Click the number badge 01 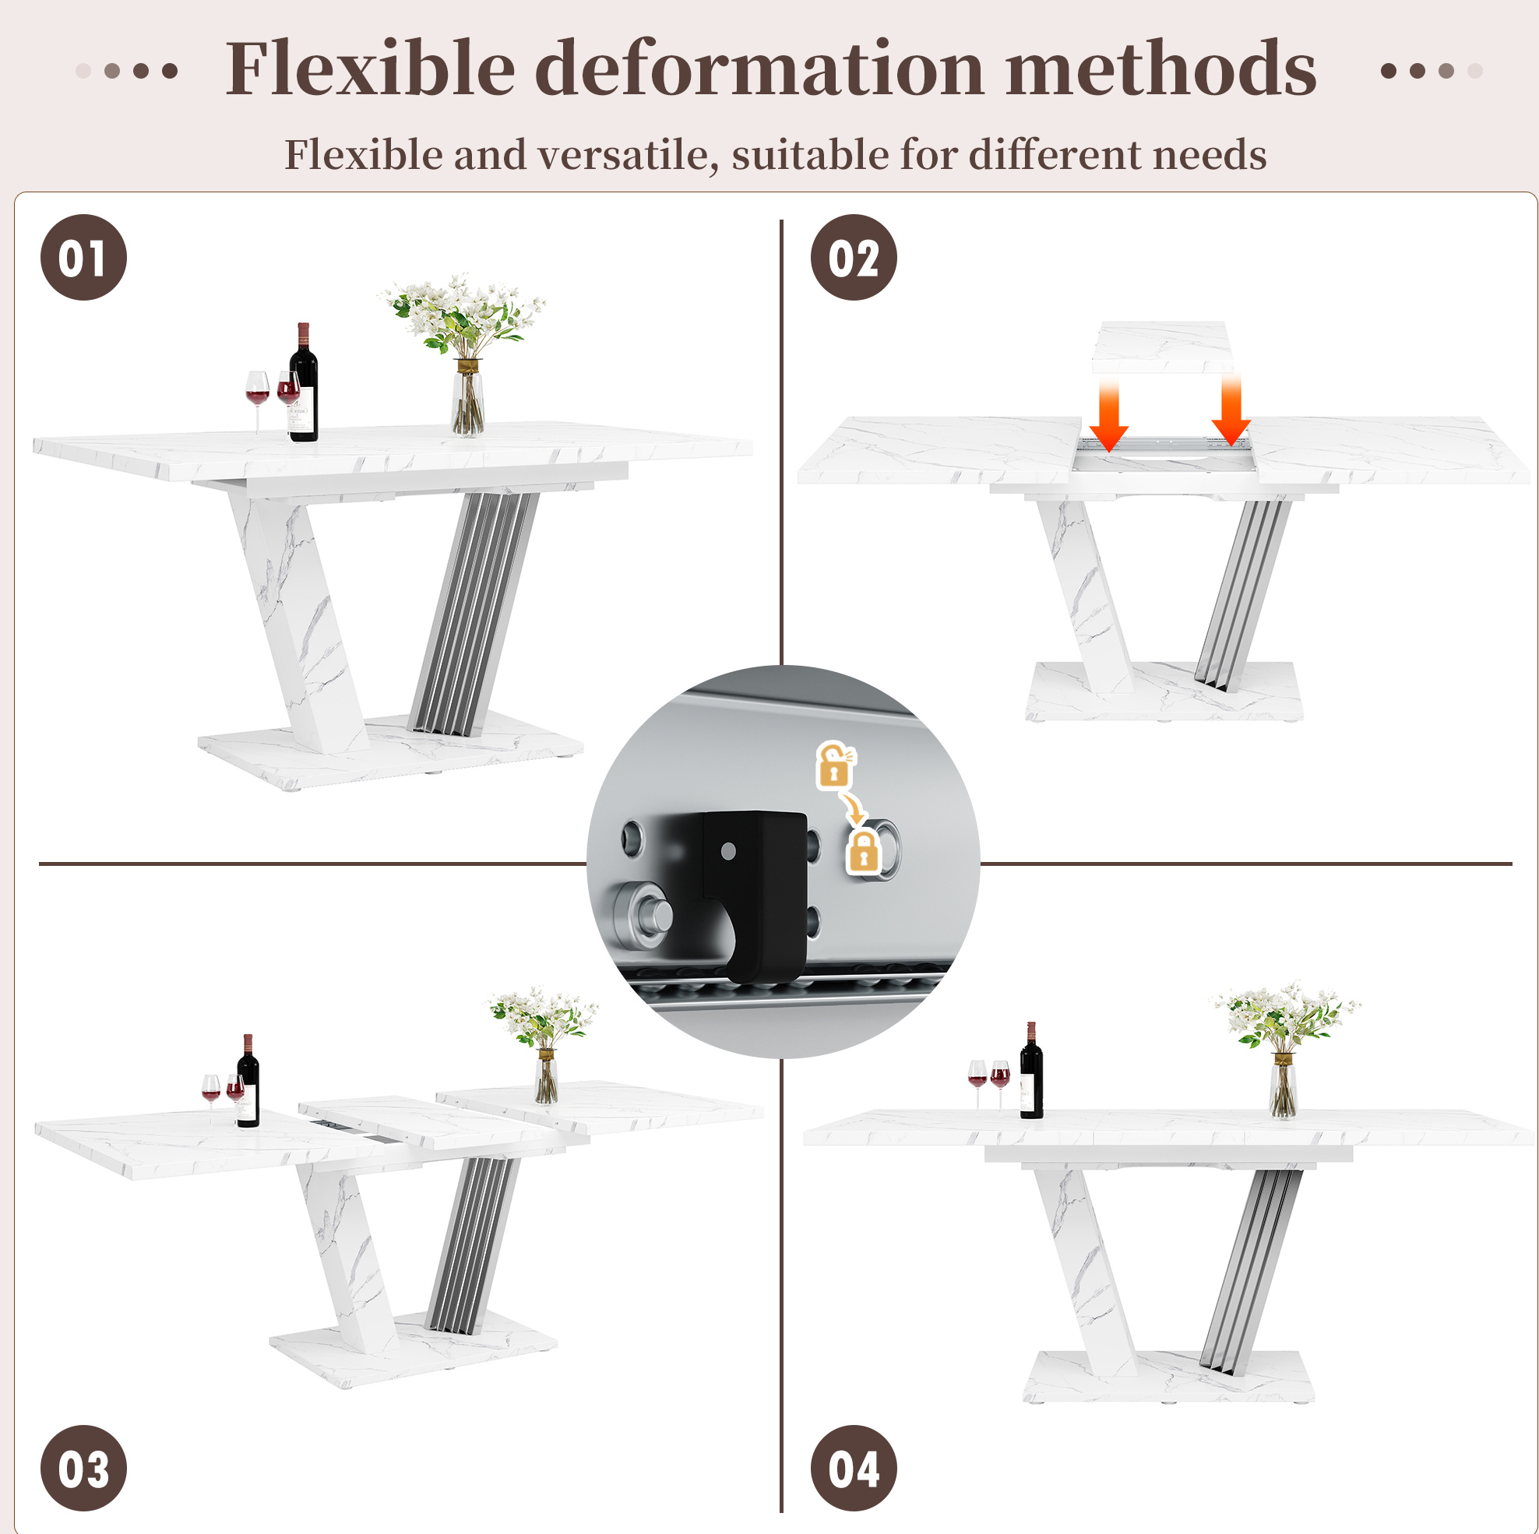click(x=83, y=257)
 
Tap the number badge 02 click(x=853, y=257)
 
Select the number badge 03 click(x=83, y=1468)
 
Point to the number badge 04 click(x=853, y=1468)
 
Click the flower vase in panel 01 click(x=467, y=396)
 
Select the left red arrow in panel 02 click(x=1109, y=413)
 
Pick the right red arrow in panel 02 click(x=1231, y=410)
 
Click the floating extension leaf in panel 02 click(x=1162, y=347)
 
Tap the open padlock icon click(x=835, y=765)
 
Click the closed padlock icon click(x=864, y=850)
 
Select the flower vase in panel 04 click(x=1283, y=1085)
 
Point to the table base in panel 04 click(x=1168, y=1377)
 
